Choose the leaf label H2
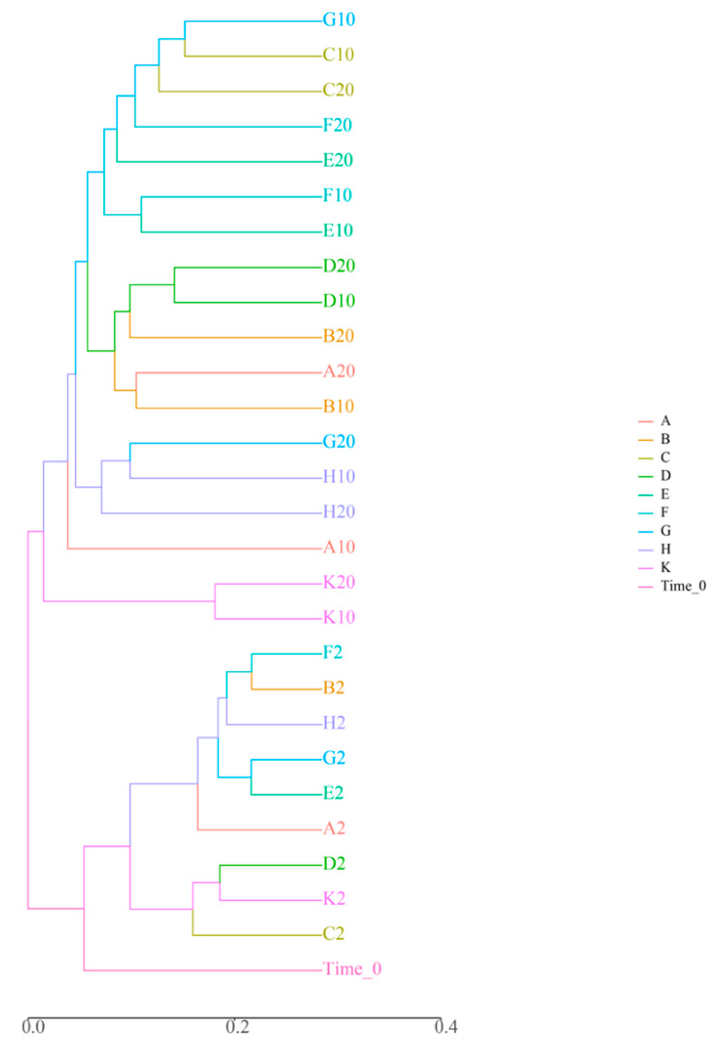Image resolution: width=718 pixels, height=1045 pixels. [334, 723]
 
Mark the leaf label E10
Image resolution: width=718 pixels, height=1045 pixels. [338, 231]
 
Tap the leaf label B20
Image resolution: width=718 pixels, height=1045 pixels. [338, 336]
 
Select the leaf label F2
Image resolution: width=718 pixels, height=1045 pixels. [332, 652]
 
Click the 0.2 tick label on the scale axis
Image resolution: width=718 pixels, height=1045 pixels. [237, 1027]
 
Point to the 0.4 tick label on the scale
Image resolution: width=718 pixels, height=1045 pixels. [446, 1027]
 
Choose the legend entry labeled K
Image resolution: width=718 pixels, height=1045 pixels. [665, 567]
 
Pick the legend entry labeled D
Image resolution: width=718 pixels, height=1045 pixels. [665, 475]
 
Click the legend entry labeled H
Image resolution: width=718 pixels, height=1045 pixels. [665, 549]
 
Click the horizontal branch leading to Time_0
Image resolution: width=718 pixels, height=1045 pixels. [203, 971]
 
